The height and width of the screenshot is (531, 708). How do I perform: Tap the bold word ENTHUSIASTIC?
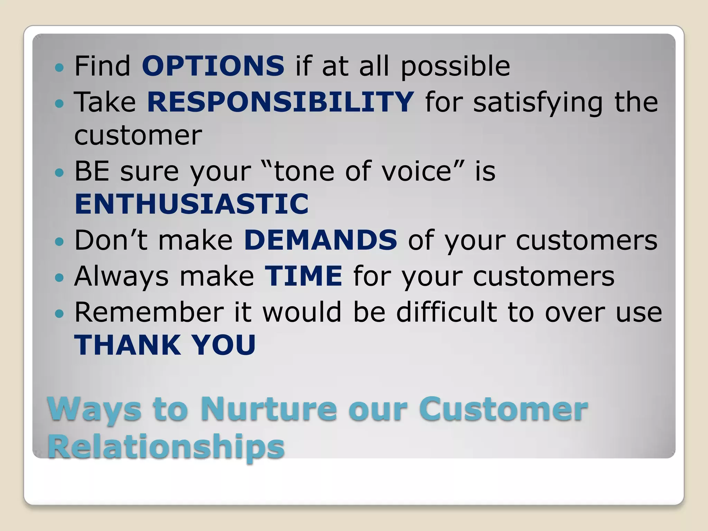coord(192,204)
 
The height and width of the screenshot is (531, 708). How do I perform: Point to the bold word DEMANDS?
coord(320,240)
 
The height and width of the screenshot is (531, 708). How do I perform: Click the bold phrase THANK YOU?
coord(165,345)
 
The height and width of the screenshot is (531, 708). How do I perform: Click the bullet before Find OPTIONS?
coord(59,67)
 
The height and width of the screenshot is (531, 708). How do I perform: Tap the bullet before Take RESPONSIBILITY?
coord(59,103)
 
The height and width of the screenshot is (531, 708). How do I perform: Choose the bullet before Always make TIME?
coord(59,277)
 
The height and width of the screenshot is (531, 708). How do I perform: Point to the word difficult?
coord(446,312)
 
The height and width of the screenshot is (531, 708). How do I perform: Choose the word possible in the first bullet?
coord(455,67)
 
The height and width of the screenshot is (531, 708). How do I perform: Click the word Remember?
coord(149,312)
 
